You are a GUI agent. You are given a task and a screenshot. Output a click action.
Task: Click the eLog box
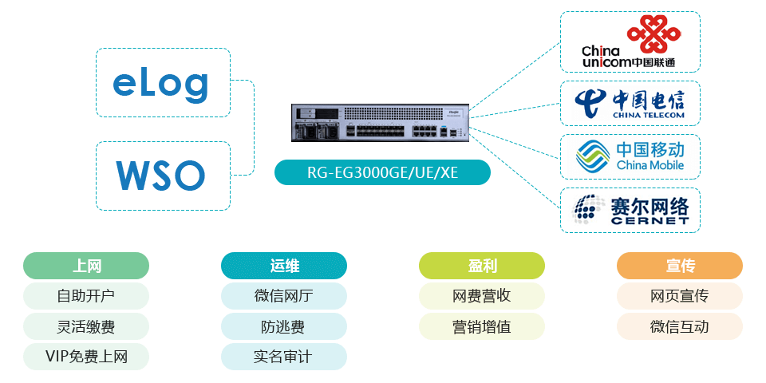162,83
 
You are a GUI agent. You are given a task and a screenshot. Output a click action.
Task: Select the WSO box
162,176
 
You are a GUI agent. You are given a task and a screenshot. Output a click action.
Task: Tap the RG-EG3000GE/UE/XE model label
382,172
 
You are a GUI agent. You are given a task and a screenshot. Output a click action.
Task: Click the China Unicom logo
630,41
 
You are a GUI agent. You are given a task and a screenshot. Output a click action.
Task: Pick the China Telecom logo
630,104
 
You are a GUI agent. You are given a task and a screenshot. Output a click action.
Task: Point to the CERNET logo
630,210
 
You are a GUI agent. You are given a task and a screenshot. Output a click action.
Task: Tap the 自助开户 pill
86,296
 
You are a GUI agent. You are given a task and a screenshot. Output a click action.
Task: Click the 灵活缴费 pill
86,326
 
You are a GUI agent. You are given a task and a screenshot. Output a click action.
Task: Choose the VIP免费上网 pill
86,356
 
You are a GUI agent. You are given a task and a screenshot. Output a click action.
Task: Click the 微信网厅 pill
284,296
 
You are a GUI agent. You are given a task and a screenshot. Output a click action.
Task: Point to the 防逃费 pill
284,326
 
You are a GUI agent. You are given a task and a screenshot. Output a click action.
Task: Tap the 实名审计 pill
284,356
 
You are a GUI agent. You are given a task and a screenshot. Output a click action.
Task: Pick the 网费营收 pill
482,296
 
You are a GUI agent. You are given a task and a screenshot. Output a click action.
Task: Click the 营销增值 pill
482,326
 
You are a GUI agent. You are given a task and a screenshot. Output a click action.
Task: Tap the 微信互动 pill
680,326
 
